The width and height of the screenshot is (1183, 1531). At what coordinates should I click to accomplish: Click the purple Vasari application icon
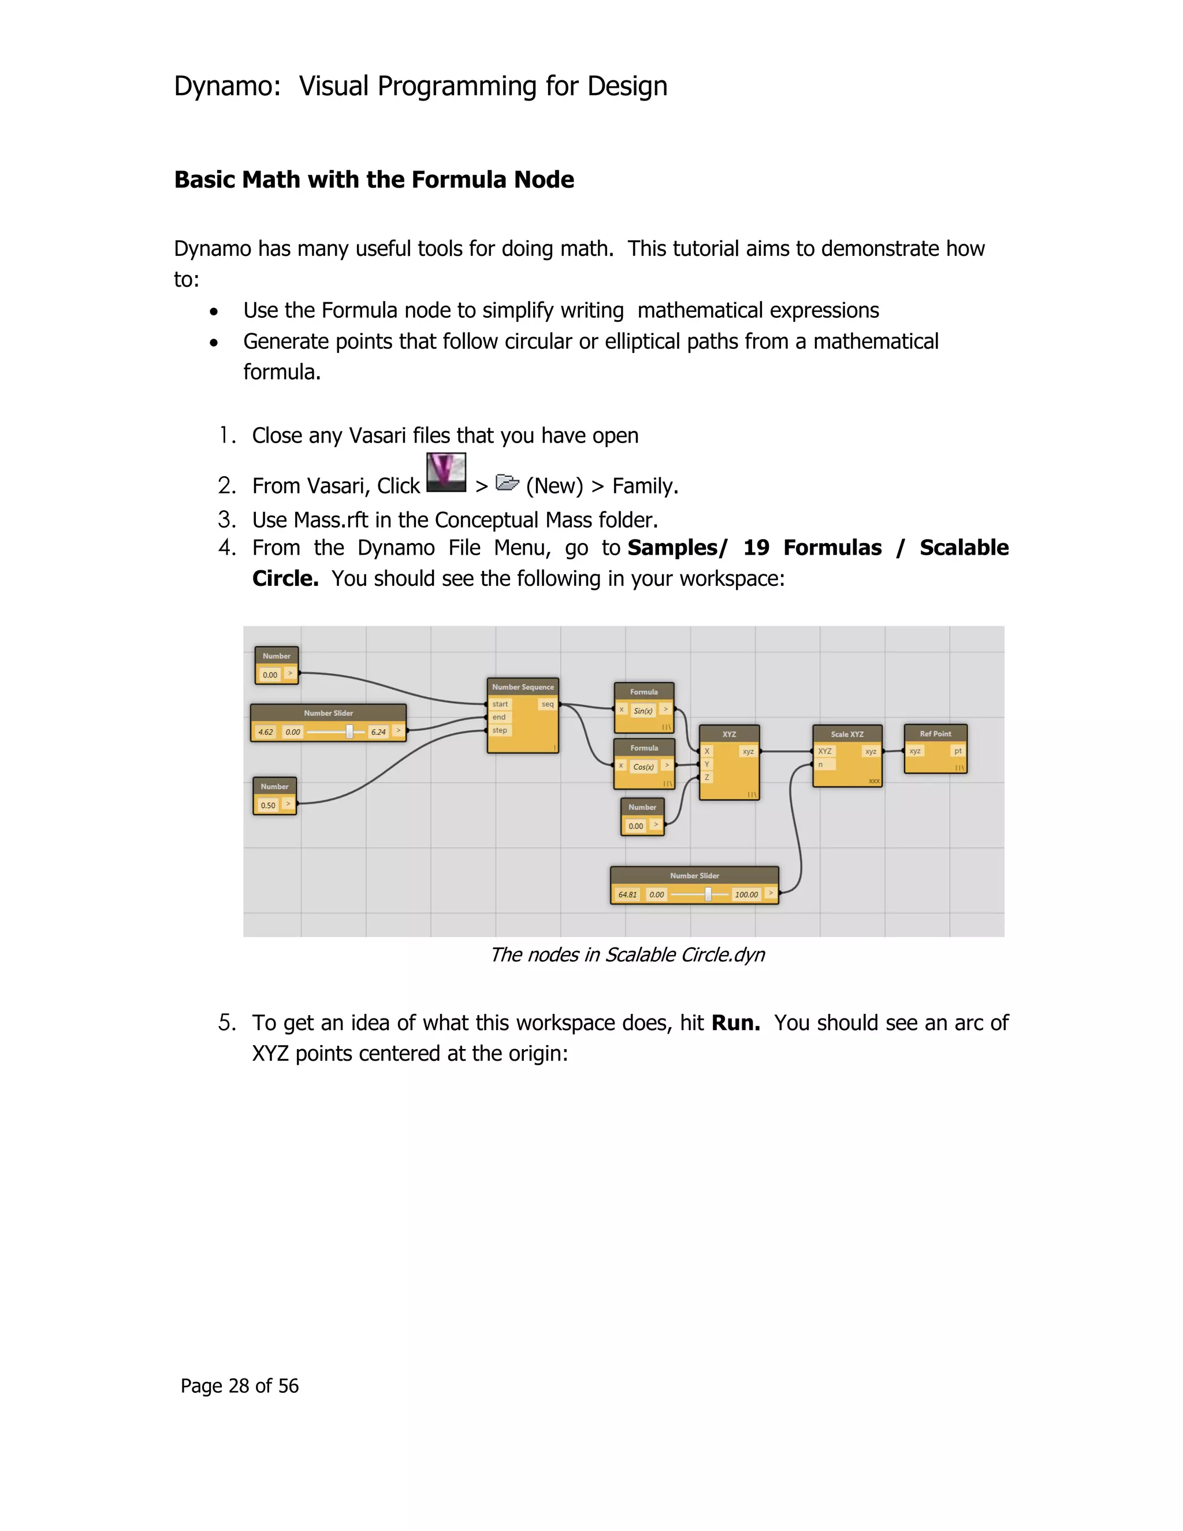446,473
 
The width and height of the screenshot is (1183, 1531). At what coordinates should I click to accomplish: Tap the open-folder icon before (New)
507,482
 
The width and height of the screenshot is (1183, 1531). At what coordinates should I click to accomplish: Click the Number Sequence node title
522,687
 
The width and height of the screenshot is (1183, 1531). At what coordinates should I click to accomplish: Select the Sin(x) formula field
643,711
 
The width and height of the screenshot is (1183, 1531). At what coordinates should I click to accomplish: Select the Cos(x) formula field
643,767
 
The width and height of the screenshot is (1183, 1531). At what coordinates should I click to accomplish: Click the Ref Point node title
935,734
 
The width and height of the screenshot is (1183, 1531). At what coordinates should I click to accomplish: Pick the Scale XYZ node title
847,734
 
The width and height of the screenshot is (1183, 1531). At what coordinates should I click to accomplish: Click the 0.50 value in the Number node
267,805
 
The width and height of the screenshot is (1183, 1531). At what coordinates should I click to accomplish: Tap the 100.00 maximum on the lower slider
746,894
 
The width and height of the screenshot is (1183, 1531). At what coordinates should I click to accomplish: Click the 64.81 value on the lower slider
627,894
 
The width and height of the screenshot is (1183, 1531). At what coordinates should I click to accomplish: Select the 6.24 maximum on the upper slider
378,732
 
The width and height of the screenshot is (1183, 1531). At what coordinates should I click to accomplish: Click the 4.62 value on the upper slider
266,732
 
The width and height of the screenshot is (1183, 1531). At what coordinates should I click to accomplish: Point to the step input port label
500,730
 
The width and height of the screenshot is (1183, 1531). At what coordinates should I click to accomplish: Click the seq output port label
548,704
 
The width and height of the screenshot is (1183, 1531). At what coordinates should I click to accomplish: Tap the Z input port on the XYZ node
707,778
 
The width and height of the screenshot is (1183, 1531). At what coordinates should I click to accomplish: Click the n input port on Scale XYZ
821,765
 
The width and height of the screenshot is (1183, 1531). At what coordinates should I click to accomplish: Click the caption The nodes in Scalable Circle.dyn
627,955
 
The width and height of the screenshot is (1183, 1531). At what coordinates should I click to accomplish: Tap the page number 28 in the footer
239,1386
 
